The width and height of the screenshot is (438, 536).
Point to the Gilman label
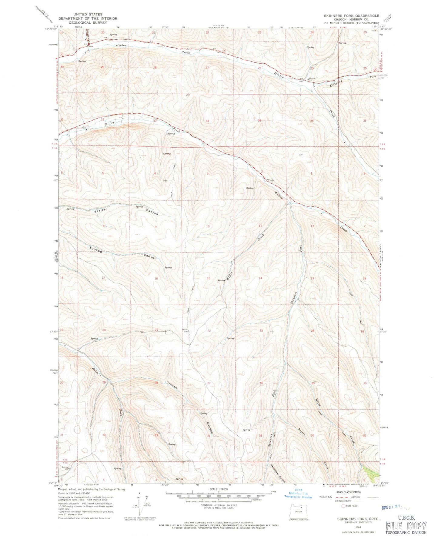coord(172,384)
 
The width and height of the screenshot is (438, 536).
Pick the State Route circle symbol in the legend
coord(343,506)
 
